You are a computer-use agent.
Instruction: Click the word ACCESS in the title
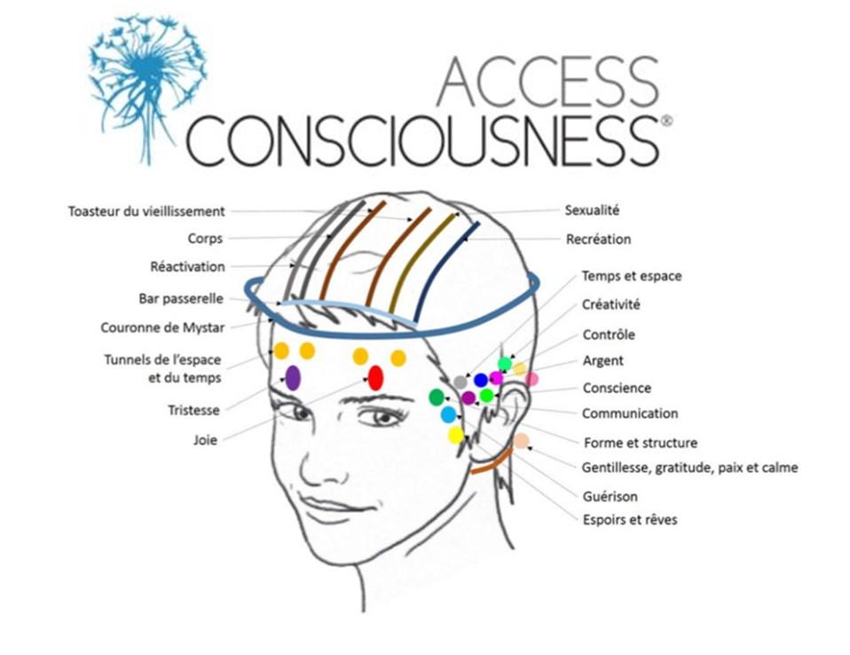548,82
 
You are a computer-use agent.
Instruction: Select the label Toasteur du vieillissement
146,211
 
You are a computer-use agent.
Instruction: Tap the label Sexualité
592,210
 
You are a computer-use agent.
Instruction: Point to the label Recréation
598,239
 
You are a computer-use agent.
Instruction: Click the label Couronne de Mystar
162,327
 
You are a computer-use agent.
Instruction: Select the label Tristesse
194,410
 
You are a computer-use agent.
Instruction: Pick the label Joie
207,438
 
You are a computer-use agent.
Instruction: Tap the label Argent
602,361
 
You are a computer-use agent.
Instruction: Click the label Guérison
610,496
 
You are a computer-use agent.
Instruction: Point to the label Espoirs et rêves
629,519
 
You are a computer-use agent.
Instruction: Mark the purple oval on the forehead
293,377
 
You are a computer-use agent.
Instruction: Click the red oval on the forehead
375,378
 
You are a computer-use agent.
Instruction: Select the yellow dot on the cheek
456,435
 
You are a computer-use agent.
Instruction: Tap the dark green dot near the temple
437,397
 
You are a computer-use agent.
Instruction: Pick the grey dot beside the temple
460,382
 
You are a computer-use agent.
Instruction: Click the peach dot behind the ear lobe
522,440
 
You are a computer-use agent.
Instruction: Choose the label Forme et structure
640,443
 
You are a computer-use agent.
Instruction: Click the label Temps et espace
631,276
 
